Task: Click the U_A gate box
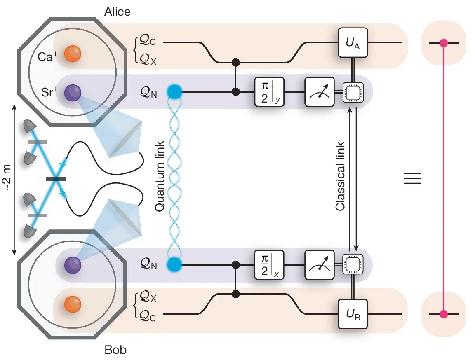353,42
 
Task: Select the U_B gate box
353,314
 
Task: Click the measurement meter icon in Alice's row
319,91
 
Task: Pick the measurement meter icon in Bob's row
319,264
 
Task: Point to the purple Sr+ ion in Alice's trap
73,91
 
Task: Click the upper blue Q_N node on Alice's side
174,91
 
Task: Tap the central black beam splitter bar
56,179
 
